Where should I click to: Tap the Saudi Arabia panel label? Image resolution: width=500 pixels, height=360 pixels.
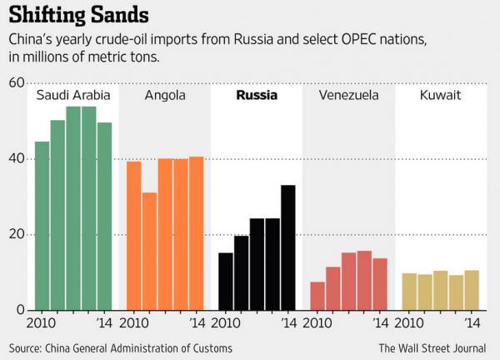[73, 95]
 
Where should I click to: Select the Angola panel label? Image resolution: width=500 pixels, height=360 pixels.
[165, 95]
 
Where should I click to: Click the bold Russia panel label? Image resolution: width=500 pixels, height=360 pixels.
[257, 95]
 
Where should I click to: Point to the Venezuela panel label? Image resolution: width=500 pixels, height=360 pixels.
[348, 95]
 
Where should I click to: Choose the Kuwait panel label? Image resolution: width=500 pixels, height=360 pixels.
[440, 95]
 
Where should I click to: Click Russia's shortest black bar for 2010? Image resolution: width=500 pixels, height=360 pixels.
[226, 281]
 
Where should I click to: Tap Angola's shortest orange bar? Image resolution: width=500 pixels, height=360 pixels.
[149, 251]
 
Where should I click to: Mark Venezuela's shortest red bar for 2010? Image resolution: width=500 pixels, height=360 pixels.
[317, 296]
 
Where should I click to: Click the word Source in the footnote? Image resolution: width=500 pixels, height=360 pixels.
[27, 347]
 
